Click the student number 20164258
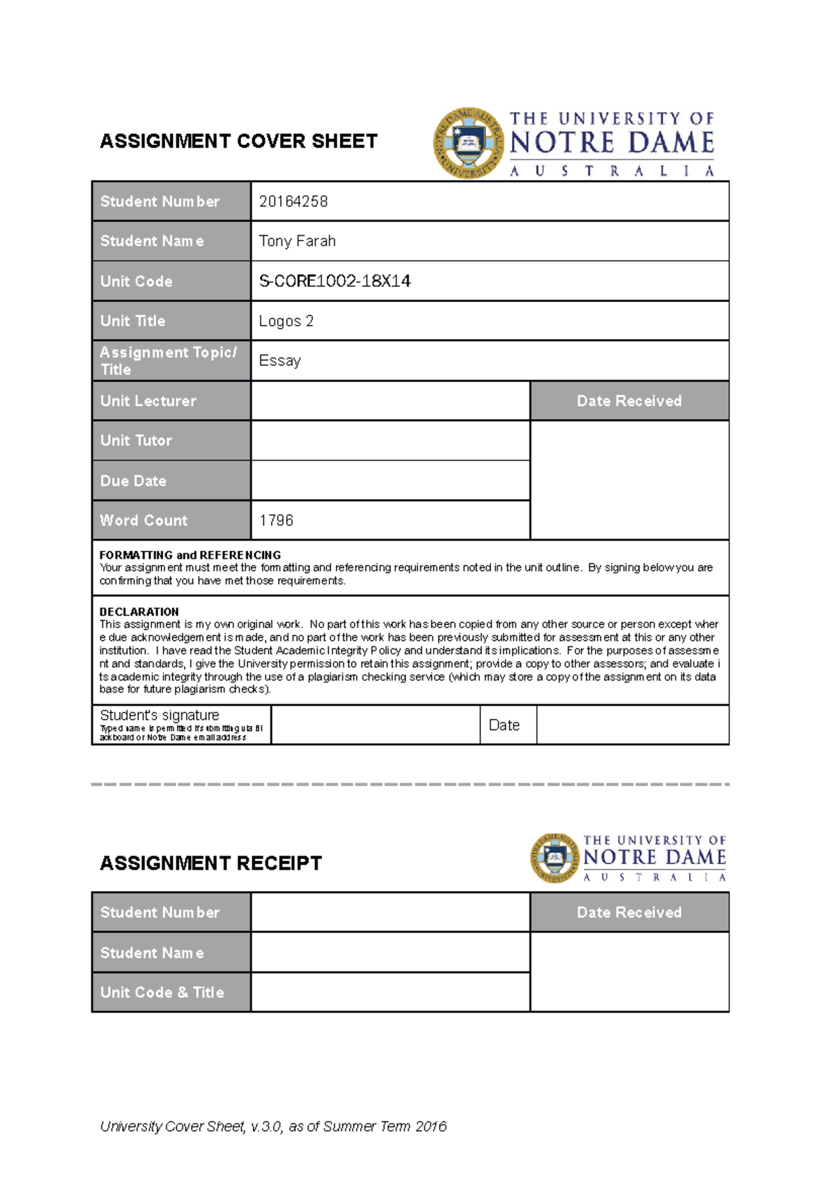tap(293, 202)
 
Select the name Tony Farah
tap(297, 241)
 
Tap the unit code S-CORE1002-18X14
tap(334, 281)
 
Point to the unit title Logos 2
tap(286, 321)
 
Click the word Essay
tap(280, 361)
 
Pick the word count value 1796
tap(277, 521)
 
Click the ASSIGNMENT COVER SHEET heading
tap(238, 142)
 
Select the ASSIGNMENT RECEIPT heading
tap(210, 863)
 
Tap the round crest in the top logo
tap(469, 143)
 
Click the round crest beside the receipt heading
tap(555, 858)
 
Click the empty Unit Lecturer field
tap(390, 401)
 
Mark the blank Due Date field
tap(390, 480)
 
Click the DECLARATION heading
tap(139, 612)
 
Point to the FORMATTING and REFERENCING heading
tap(190, 555)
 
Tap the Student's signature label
tap(160, 715)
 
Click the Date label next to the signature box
tap(504, 725)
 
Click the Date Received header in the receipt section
tap(629, 912)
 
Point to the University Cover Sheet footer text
tap(273, 1126)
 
